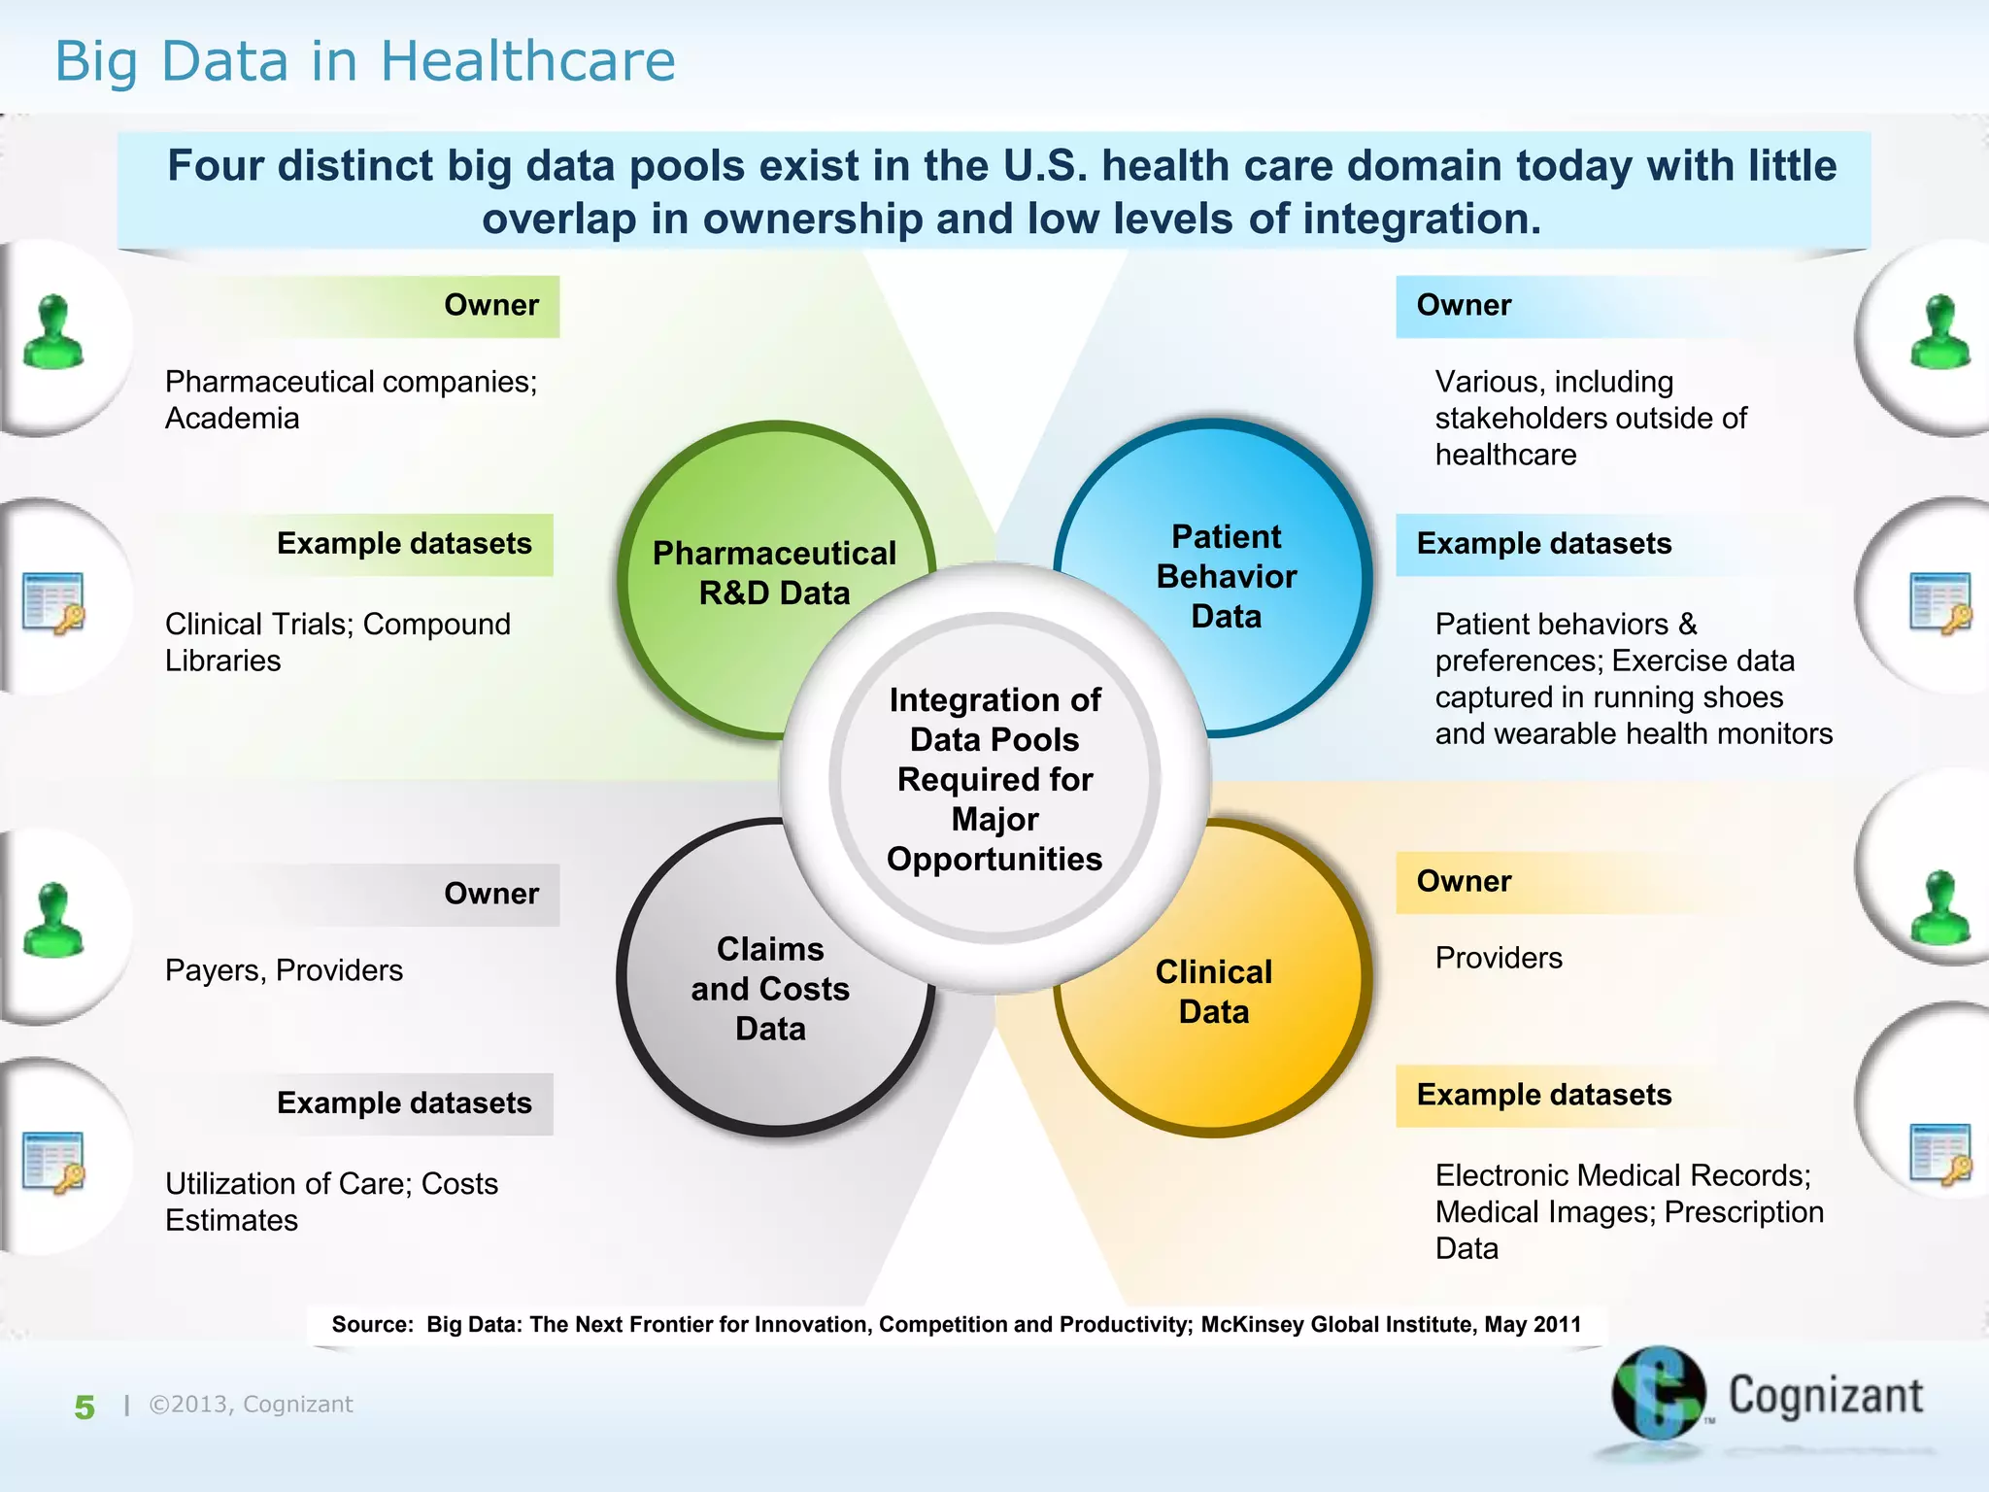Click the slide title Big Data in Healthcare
coord(364,61)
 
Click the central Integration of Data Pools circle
coord(994,778)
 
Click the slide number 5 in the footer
coord(84,1407)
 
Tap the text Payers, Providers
coord(284,970)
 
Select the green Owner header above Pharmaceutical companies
coord(491,305)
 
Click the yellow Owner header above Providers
coord(1464,881)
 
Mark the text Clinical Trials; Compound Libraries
coord(337,642)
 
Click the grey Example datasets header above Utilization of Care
coord(404,1103)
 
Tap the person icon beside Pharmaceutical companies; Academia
coord(53,333)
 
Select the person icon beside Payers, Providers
coord(53,921)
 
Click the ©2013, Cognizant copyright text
coord(251,1405)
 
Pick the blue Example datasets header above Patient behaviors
coord(1544,544)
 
